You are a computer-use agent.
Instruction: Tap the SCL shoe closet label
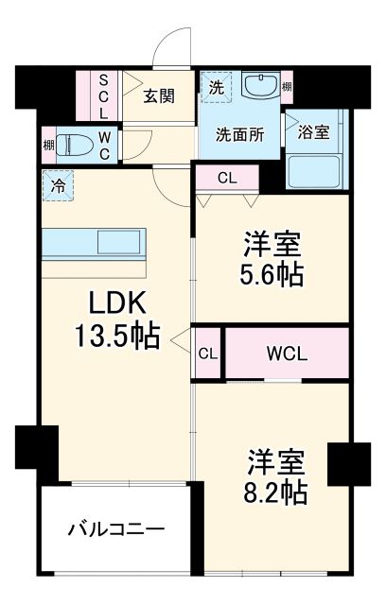104,95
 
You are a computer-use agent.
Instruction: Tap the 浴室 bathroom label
314,131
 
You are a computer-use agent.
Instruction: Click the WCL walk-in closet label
286,354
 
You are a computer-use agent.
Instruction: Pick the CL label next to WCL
207,354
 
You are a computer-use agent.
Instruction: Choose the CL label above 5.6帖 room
227,177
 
